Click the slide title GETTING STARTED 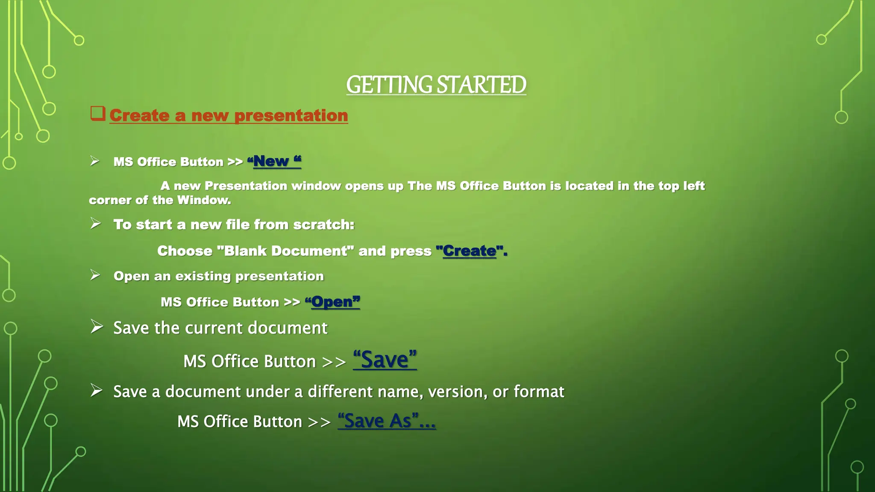(436, 85)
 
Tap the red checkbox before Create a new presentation (97, 114)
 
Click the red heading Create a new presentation (229, 115)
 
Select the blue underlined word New (271, 161)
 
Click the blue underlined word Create (470, 251)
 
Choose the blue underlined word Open (332, 302)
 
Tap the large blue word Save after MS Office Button (385, 360)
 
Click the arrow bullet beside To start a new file (96, 223)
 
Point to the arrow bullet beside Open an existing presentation (95, 275)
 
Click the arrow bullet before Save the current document (97, 327)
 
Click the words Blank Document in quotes (285, 251)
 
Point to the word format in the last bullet (539, 392)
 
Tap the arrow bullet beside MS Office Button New (95, 161)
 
